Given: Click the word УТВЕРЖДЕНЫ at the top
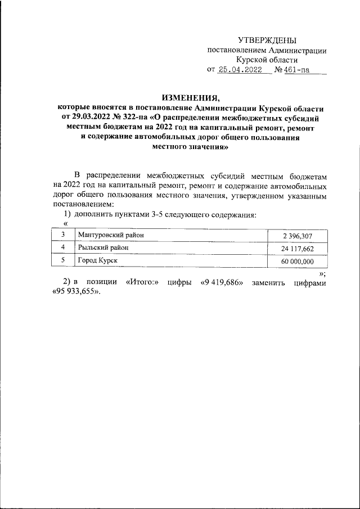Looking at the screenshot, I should (x=267, y=40).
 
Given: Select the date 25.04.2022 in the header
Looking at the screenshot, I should (x=240, y=70).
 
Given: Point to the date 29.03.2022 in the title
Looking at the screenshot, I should (x=88, y=118).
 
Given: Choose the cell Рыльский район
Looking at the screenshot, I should (x=103, y=247).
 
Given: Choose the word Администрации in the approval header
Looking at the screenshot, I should (x=296, y=50).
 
